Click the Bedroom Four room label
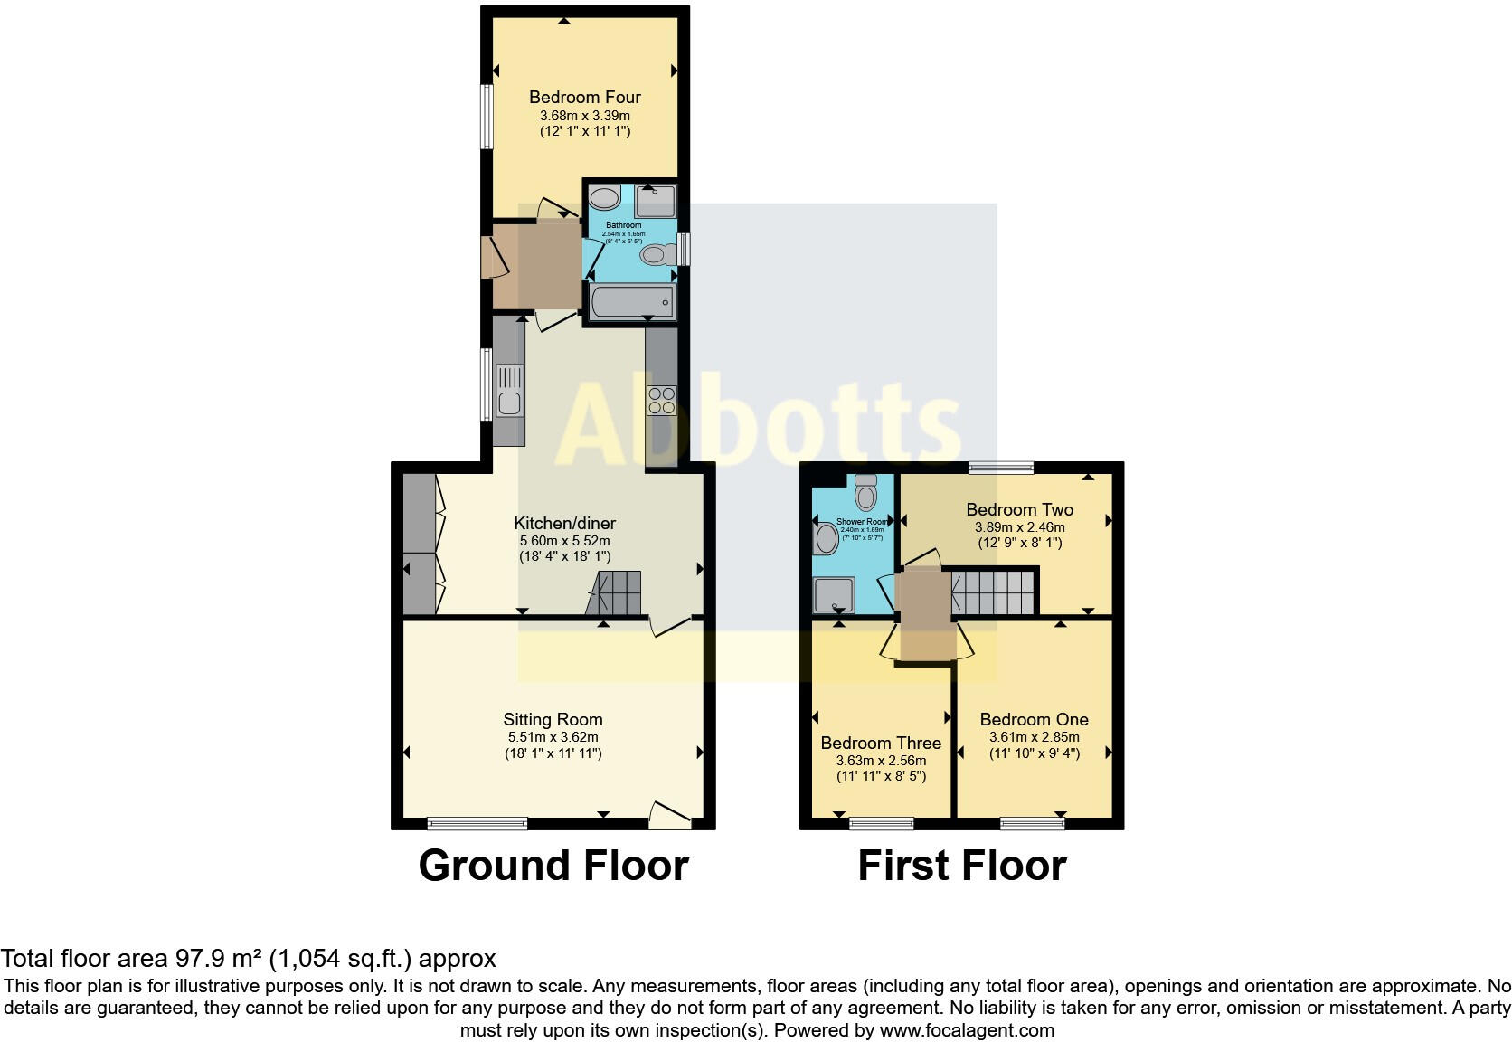click(584, 97)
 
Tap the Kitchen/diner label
click(564, 523)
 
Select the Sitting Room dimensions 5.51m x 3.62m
click(553, 737)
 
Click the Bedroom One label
click(1034, 719)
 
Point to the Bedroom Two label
click(1019, 509)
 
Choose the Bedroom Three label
click(881, 743)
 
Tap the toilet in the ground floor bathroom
click(654, 255)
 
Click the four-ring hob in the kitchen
click(661, 400)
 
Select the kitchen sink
click(510, 403)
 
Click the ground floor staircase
click(614, 593)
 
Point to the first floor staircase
click(993, 591)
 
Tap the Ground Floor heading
click(553, 866)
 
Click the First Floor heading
click(961, 866)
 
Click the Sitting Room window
click(477, 823)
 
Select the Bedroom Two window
click(1001, 468)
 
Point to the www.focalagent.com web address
click(967, 1029)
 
